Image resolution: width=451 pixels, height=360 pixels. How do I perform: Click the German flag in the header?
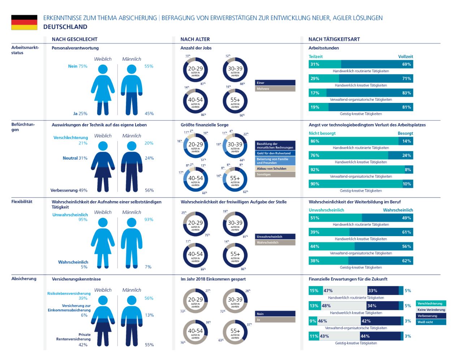[24, 22]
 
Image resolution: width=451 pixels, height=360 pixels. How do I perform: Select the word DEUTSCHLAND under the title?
[65, 27]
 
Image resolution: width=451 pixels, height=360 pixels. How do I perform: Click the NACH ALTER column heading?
[195, 39]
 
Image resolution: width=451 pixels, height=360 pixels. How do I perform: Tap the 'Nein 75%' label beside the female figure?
[78, 66]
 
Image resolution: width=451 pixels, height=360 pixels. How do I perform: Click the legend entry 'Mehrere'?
[275, 89]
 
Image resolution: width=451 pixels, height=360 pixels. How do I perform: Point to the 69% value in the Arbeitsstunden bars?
[407, 64]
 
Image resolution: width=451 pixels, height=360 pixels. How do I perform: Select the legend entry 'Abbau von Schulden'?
[275, 169]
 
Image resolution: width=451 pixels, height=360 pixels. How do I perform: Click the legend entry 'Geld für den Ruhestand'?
[275, 153]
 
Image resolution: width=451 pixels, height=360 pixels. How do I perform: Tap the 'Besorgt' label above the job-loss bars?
[405, 133]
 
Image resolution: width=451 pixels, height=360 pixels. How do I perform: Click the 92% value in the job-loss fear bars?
[315, 170]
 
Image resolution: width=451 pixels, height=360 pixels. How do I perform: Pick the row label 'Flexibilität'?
[22, 201]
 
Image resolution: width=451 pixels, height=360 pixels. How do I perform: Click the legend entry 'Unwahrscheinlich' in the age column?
[275, 237]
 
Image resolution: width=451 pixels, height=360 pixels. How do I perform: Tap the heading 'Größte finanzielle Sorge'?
[205, 125]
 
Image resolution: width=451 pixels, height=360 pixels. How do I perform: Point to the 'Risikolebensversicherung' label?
[69, 294]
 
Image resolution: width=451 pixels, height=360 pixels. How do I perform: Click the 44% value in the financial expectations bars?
[365, 336]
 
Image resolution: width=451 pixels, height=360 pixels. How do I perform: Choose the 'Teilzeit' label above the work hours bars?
[315, 57]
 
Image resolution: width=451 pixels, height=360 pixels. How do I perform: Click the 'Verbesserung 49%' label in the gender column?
[69, 190]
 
